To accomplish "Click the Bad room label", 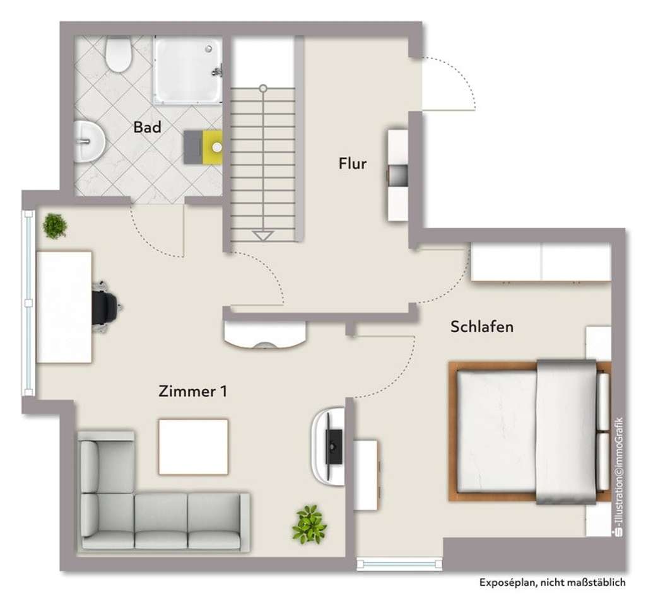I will click(147, 127).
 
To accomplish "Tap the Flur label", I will click(353, 164).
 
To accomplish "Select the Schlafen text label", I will click(481, 327).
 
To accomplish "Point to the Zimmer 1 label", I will click(192, 391).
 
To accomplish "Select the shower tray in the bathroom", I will click(188, 70).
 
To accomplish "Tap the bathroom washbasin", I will click(88, 141).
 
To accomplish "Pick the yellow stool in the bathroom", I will click(213, 147).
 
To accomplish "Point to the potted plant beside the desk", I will click(55, 226).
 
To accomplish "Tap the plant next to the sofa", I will click(309, 524).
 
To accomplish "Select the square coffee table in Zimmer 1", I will click(193, 446).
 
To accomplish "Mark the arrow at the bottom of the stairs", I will click(262, 236).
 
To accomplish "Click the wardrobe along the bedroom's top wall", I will click(541, 262).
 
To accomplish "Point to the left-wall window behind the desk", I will click(28, 303).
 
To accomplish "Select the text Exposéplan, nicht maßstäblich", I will click(553, 583).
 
